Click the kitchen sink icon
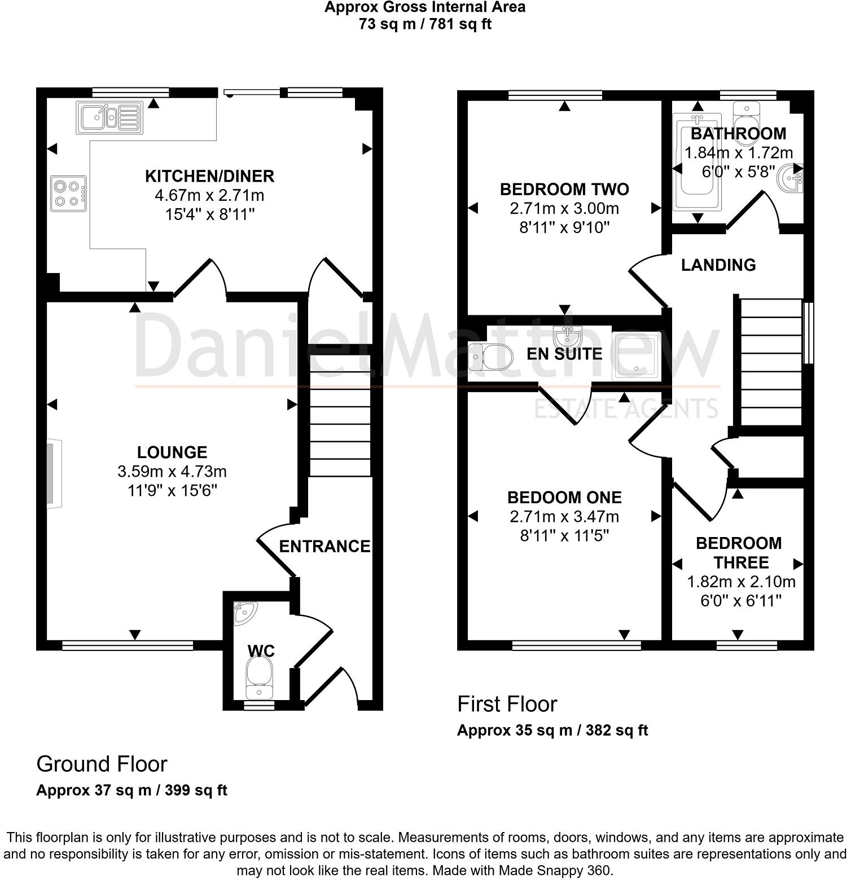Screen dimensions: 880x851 (x=109, y=118)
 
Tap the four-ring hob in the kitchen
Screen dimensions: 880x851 (x=69, y=193)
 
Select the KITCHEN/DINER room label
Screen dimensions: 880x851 (x=209, y=176)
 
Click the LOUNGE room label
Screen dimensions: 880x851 (x=172, y=452)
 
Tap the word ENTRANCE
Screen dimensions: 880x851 (x=324, y=546)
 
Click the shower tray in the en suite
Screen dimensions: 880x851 (x=637, y=355)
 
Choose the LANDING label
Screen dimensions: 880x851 (x=718, y=265)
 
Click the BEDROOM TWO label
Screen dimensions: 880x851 (x=564, y=189)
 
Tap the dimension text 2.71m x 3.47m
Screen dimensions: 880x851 (x=564, y=516)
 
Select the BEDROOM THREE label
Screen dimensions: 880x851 (x=739, y=553)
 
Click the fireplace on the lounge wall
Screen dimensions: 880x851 (x=54, y=473)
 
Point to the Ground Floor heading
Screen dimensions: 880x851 (x=102, y=764)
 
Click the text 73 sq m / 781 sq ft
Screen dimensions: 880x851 (x=425, y=24)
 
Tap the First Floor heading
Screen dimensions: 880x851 (x=507, y=704)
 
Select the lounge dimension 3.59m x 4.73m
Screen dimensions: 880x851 (x=172, y=471)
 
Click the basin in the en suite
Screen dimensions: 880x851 (x=568, y=338)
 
